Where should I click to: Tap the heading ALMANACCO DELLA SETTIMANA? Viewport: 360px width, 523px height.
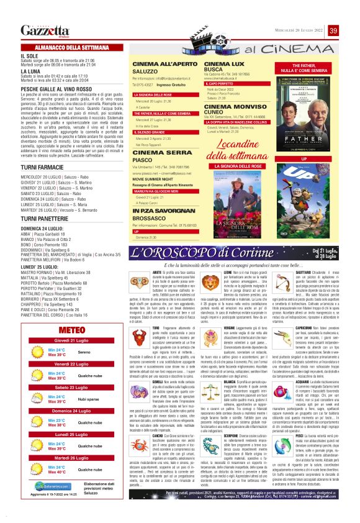coord(69,47)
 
